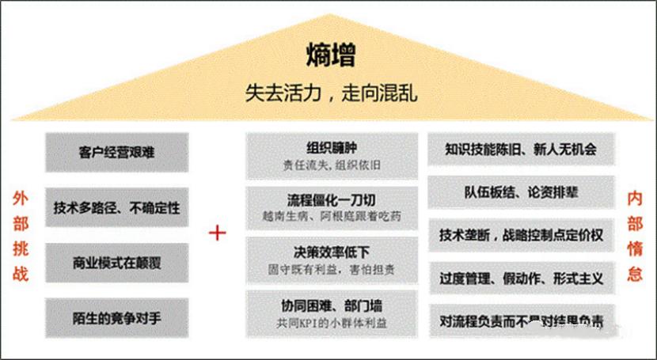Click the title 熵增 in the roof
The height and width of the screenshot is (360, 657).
[330, 55]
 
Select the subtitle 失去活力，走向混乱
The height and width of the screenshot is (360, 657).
[330, 93]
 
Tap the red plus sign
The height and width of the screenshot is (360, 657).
[217, 233]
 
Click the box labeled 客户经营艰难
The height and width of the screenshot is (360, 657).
[117, 152]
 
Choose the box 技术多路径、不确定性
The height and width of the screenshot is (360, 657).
[117, 208]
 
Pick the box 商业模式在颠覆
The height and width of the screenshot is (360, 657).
[117, 263]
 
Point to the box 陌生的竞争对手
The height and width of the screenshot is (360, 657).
[117, 318]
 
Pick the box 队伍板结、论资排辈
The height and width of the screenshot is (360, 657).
[520, 192]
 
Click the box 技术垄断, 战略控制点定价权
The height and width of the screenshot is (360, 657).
[520, 235]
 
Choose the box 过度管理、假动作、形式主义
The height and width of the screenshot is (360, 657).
[520, 279]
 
